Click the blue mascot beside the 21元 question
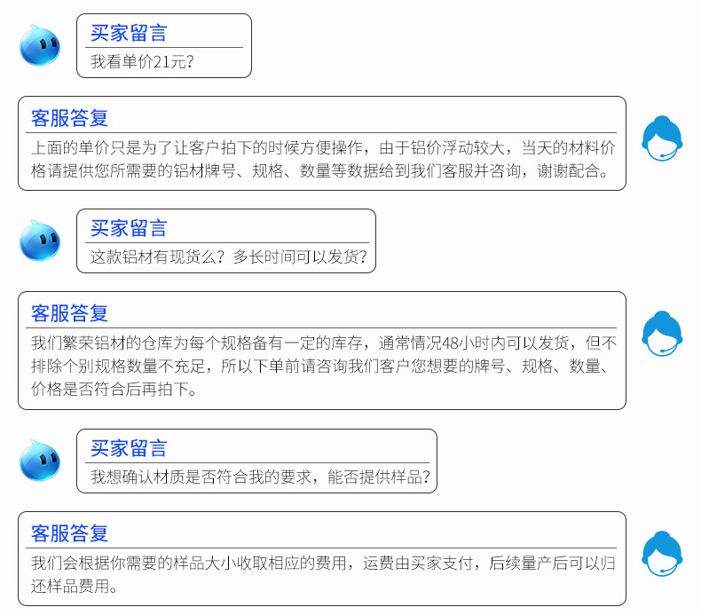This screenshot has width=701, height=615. click(40, 44)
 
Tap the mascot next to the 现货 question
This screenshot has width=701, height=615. click(40, 240)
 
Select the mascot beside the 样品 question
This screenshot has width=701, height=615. click(40, 460)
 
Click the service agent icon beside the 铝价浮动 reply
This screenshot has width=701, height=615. click(662, 140)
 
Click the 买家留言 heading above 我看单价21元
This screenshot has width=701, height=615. click(129, 34)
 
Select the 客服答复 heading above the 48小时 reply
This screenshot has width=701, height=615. click(69, 312)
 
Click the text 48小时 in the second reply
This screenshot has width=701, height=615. click(462, 343)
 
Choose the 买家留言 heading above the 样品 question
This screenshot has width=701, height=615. click(129, 448)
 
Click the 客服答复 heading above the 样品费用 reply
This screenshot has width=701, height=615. click(69, 532)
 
